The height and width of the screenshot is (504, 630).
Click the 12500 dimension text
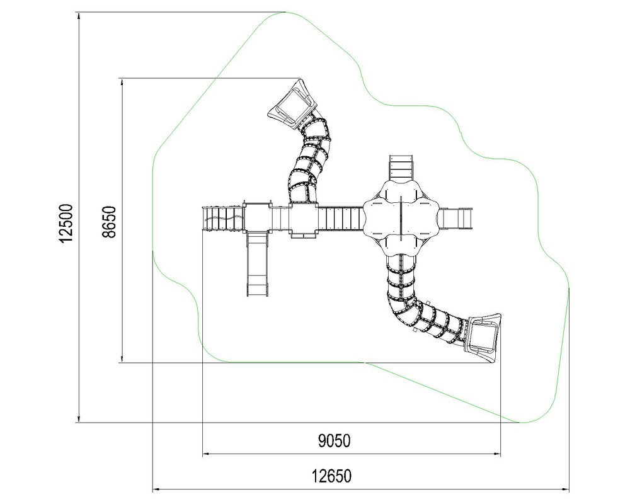[66, 223]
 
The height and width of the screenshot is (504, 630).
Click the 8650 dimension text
[109, 222]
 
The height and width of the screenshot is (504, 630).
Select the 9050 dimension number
[334, 441]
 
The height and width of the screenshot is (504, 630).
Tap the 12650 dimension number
[331, 476]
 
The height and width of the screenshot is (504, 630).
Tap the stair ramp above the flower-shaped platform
[401, 168]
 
